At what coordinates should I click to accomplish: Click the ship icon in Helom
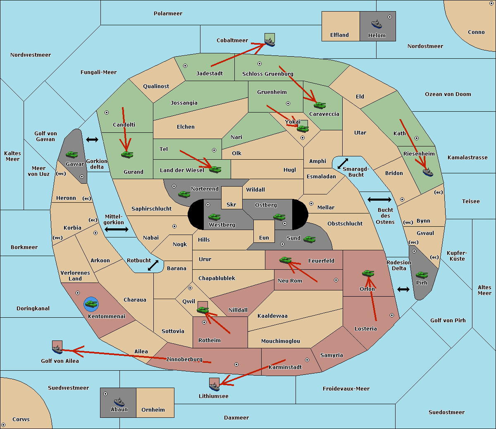(x=377, y=24)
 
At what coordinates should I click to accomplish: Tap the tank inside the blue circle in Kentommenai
(x=91, y=304)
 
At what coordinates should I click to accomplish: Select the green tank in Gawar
(x=72, y=154)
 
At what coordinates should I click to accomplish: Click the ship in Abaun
(x=119, y=402)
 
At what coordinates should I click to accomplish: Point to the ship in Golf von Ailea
(x=57, y=349)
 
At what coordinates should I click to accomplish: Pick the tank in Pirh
(x=422, y=275)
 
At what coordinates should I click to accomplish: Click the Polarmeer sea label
(x=168, y=14)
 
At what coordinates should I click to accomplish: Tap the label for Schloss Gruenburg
(x=267, y=74)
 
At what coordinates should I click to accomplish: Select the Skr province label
(x=231, y=204)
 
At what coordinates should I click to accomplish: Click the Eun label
(x=264, y=237)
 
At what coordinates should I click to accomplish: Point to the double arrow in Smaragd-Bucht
(x=343, y=163)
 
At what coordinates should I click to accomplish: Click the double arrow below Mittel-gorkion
(x=117, y=229)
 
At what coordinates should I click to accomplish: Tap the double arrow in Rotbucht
(x=153, y=265)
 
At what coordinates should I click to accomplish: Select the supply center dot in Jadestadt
(x=185, y=66)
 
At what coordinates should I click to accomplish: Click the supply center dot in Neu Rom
(x=336, y=280)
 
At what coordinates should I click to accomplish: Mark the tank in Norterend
(x=184, y=194)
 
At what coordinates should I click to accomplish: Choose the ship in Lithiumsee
(x=214, y=386)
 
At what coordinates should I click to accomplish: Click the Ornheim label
(x=153, y=410)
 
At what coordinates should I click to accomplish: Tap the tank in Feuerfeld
(x=285, y=260)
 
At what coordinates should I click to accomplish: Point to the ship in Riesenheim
(x=428, y=172)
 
